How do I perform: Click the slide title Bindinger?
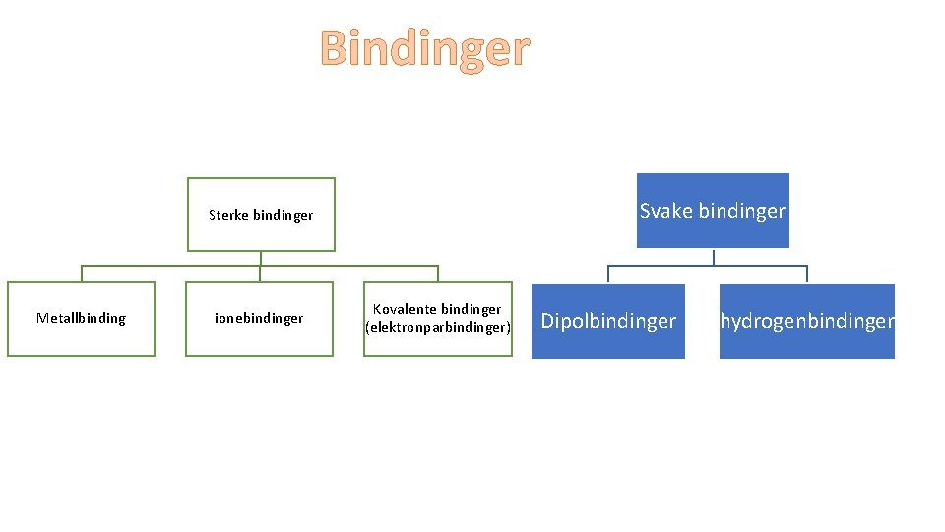425,48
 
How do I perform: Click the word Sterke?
228,215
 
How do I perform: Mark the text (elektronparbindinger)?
438,326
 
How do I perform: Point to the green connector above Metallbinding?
81,274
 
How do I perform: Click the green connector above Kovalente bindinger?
438,274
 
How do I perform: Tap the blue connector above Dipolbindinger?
608,275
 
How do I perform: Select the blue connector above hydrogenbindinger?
807,275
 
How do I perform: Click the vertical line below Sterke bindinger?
261,259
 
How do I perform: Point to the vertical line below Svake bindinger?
713,257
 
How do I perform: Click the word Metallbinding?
81,318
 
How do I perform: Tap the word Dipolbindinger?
608,321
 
